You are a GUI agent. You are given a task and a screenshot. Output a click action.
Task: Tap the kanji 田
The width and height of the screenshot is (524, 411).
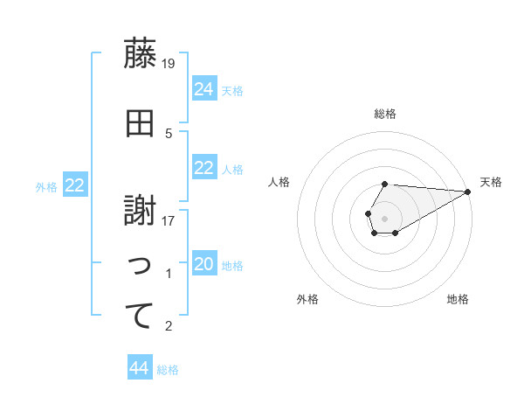tap(141, 124)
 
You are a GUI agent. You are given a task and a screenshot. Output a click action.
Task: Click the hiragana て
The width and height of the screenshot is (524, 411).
tap(141, 316)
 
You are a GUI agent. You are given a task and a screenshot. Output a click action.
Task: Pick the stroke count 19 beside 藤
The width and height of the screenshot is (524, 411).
tap(169, 63)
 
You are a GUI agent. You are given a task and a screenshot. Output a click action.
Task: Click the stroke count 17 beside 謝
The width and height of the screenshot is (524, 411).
tap(169, 221)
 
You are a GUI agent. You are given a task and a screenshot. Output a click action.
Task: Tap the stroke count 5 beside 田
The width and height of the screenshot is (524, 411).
tap(169, 134)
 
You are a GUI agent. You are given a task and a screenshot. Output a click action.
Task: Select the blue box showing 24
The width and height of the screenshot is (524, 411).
tap(204, 88)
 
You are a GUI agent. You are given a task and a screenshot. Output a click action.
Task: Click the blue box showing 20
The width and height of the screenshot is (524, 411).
tap(204, 264)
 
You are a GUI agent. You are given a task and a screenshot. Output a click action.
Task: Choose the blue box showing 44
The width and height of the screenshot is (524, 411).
tap(140, 368)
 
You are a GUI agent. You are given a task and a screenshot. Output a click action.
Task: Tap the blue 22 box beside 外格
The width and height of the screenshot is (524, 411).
tap(75, 185)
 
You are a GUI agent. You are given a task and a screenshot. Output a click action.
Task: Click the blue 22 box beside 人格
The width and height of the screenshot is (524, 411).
tap(204, 168)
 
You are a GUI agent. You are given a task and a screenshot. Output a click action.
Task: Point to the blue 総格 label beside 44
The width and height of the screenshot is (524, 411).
tap(168, 370)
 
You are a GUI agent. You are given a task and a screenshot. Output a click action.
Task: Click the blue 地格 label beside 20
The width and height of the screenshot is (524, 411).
tap(232, 266)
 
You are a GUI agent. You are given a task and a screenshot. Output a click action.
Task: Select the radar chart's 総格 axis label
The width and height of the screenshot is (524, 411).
tap(384, 114)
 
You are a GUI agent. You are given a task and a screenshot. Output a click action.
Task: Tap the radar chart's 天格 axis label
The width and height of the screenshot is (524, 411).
tap(491, 182)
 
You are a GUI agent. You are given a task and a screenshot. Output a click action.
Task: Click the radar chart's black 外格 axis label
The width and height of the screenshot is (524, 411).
tap(307, 299)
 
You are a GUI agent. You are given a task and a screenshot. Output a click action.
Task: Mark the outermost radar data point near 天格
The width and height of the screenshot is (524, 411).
tap(468, 192)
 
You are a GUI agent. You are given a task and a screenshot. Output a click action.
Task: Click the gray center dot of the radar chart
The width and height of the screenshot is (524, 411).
tap(384, 217)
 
